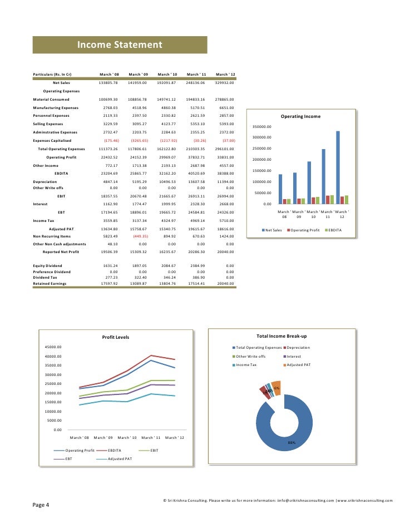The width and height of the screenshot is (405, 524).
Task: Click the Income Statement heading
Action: pyautogui.click(x=119, y=45)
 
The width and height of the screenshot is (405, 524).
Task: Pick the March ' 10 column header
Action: pyautogui.click(x=167, y=75)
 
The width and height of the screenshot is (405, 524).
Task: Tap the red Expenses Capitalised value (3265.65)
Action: pyautogui.click(x=137, y=141)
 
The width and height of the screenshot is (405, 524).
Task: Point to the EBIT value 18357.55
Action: pyautogui.click(x=108, y=196)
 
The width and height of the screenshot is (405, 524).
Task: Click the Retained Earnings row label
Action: pyautogui.click(x=50, y=283)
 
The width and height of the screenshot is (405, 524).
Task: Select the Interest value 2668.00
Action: pyautogui.click(x=226, y=204)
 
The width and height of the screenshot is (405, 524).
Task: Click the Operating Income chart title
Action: pyautogui.click(x=300, y=116)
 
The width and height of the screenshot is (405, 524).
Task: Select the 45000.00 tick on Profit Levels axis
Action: pyautogui.click(x=53, y=347)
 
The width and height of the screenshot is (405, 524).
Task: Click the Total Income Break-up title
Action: pyautogui.click(x=281, y=337)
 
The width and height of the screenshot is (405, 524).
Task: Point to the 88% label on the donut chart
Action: pyautogui.click(x=291, y=442)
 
